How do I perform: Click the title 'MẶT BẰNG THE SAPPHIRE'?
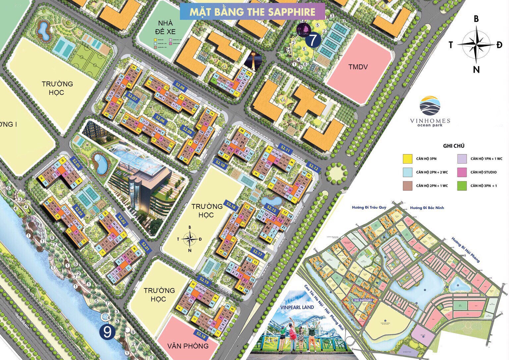(x=252, y=12)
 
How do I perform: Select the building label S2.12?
(x=313, y=168)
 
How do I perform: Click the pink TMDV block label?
(x=358, y=67)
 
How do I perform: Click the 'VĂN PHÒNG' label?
(x=188, y=346)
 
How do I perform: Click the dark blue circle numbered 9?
(x=107, y=333)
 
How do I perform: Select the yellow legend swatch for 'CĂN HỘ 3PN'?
(x=407, y=159)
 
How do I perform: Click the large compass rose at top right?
(x=476, y=44)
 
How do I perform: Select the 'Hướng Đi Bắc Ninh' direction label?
(x=427, y=208)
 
